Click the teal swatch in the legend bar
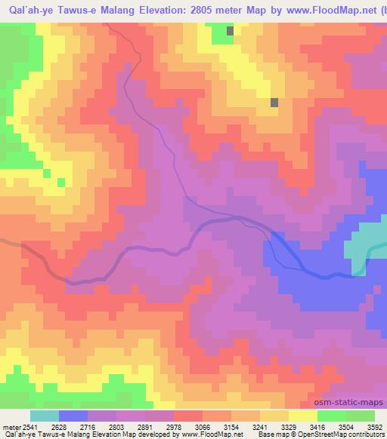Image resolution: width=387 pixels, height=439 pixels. click(x=45, y=416)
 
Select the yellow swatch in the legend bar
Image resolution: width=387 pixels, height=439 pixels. click(x=303, y=416)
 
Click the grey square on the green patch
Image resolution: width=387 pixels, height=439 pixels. click(x=230, y=31)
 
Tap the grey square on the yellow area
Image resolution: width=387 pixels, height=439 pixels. click(x=274, y=102)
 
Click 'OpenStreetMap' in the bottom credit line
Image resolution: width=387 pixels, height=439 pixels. click(x=323, y=435)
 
